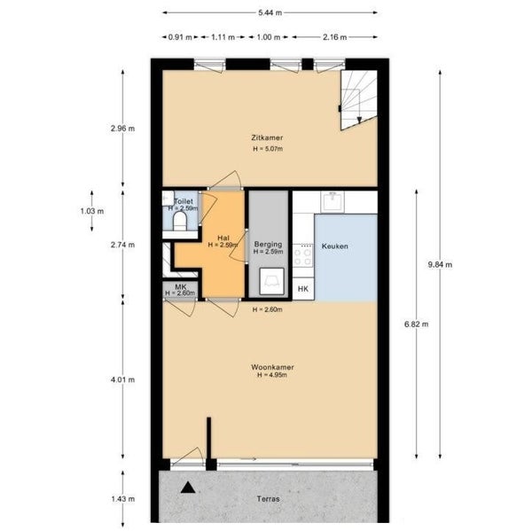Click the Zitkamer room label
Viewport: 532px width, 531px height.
tap(267, 137)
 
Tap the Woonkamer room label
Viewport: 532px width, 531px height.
tap(272, 367)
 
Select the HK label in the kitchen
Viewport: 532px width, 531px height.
tap(303, 289)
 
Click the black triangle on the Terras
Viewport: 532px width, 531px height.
tap(188, 488)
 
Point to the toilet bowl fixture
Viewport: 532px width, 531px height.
tap(180, 222)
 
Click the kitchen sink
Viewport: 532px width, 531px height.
tap(332, 201)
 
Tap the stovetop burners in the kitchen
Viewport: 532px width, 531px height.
tap(302, 257)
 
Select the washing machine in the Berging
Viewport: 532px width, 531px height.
tap(272, 281)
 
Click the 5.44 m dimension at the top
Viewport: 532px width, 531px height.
tap(270, 13)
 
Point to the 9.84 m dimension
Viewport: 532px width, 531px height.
tap(440, 265)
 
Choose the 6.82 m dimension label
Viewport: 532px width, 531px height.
tap(417, 324)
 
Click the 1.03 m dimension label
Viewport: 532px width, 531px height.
tap(92, 211)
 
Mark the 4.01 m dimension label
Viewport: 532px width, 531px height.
tap(123, 379)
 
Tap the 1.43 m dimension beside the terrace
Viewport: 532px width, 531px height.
tap(123, 499)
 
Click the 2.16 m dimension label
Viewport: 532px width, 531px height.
tap(335, 37)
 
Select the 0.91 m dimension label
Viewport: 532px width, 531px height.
tap(180, 37)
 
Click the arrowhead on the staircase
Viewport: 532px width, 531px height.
tap(359, 120)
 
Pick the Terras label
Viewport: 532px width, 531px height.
tap(268, 499)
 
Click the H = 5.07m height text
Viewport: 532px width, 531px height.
tap(268, 149)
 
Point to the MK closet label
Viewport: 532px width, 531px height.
tap(180, 287)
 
